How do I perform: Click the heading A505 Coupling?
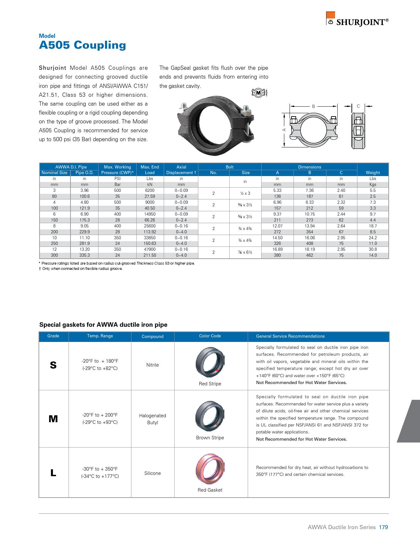click(x=82, y=45)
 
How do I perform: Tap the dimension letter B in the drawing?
click(x=314, y=106)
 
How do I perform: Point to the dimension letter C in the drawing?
click(x=358, y=106)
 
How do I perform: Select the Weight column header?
click(x=373, y=172)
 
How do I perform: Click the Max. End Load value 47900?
click(x=150, y=249)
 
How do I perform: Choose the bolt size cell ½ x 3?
click(x=245, y=194)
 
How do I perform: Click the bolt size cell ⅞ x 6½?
click(x=245, y=252)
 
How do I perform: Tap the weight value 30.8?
click(x=373, y=249)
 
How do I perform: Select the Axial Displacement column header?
click(x=181, y=170)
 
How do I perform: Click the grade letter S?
click(x=53, y=365)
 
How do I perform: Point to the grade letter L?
click(x=53, y=473)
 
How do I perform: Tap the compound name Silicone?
click(x=153, y=473)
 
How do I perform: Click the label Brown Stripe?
click(x=210, y=438)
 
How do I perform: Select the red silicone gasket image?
click(x=210, y=468)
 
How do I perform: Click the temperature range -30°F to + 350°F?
click(x=100, y=469)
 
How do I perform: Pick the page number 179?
click(x=383, y=527)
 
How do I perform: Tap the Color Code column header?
click(x=210, y=336)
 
